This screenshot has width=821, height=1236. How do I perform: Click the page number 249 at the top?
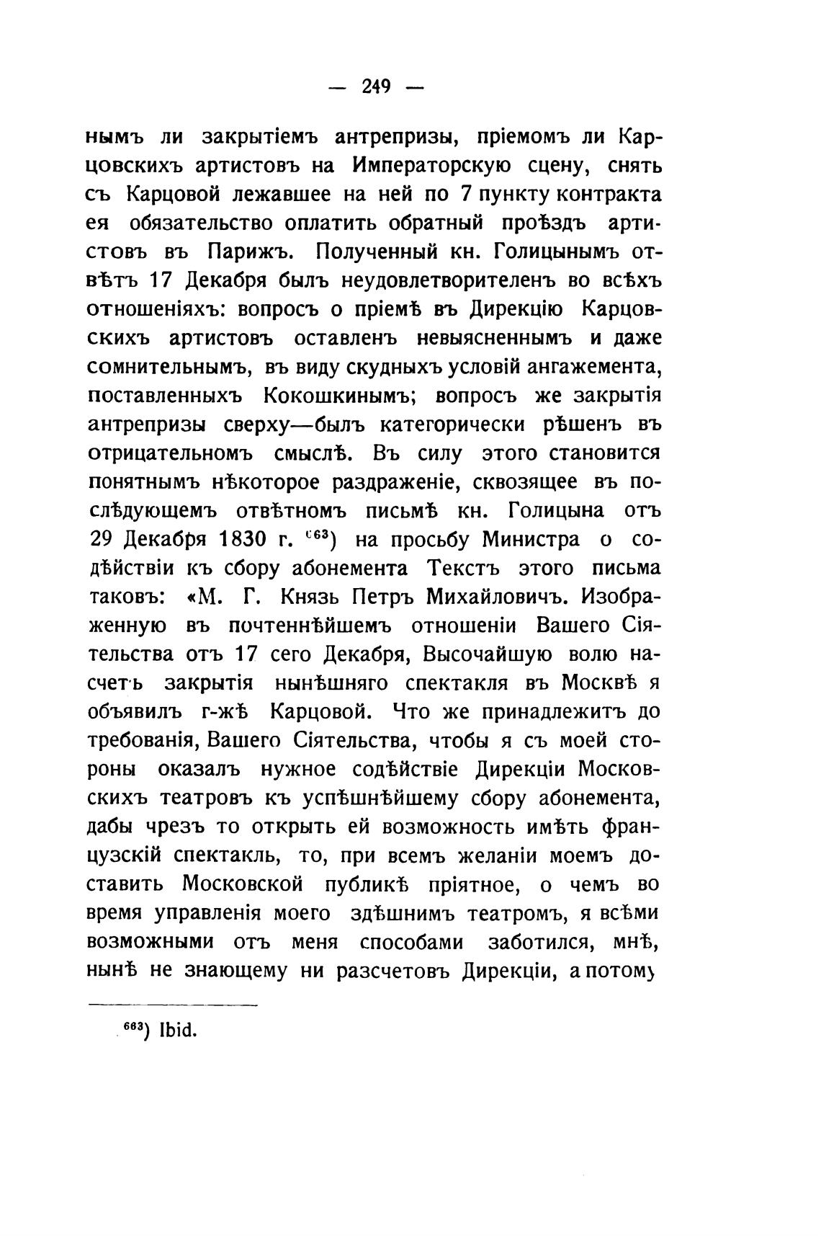376,87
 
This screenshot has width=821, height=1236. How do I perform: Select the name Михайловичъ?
496,597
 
